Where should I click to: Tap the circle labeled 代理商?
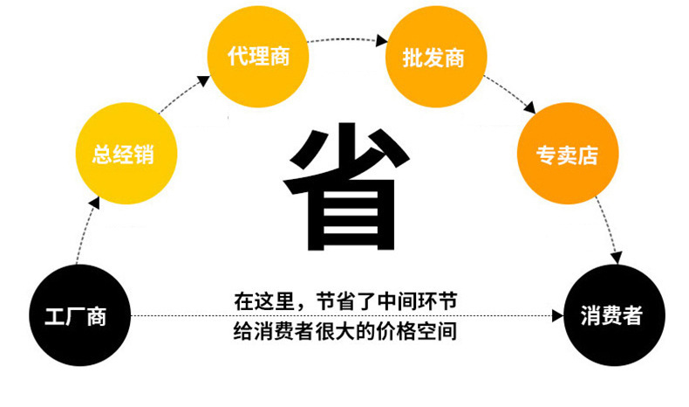[x=256, y=59]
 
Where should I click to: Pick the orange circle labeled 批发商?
[x=433, y=59]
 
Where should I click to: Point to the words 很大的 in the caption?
[x=348, y=332]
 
